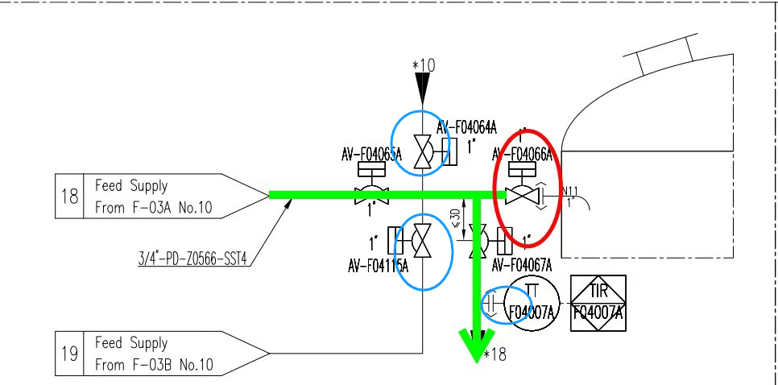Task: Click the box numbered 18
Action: (69, 195)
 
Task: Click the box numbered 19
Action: (69, 354)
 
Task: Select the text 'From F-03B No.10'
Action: (153, 364)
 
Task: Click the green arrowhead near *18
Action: (478, 346)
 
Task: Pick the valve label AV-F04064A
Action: (468, 126)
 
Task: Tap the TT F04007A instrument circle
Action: (529, 303)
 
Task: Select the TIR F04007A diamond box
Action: (598, 303)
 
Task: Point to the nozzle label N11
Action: (570, 191)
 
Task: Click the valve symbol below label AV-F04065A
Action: (372, 195)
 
